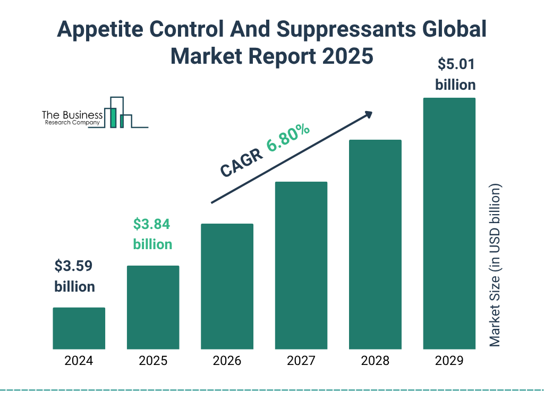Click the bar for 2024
tap(79, 328)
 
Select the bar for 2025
tap(153, 307)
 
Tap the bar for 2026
tap(227, 286)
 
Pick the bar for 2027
tap(301, 265)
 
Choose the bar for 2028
tap(375, 244)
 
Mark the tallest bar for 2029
tap(449, 223)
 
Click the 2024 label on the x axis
tap(79, 361)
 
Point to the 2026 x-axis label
tap(227, 361)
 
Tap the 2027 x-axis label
tap(301, 361)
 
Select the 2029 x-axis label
tap(449, 361)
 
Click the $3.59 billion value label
tap(75, 276)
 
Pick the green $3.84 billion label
tap(152, 234)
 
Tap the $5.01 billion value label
tap(455, 74)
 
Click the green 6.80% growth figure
tap(288, 138)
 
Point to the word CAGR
tap(240, 163)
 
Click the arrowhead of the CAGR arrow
tap(368, 114)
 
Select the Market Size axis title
tap(495, 266)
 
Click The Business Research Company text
tap(72, 118)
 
